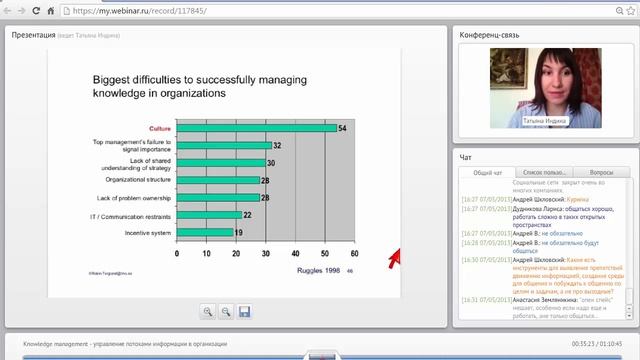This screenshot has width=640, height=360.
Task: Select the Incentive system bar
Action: coord(204,232)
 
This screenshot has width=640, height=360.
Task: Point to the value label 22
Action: coord(247,214)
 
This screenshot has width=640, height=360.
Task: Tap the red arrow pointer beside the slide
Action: coord(394,258)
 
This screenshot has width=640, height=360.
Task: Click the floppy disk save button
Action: coord(244,312)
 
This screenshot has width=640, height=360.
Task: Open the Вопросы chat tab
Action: coord(602,173)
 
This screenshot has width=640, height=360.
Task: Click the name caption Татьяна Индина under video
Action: coord(543,121)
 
